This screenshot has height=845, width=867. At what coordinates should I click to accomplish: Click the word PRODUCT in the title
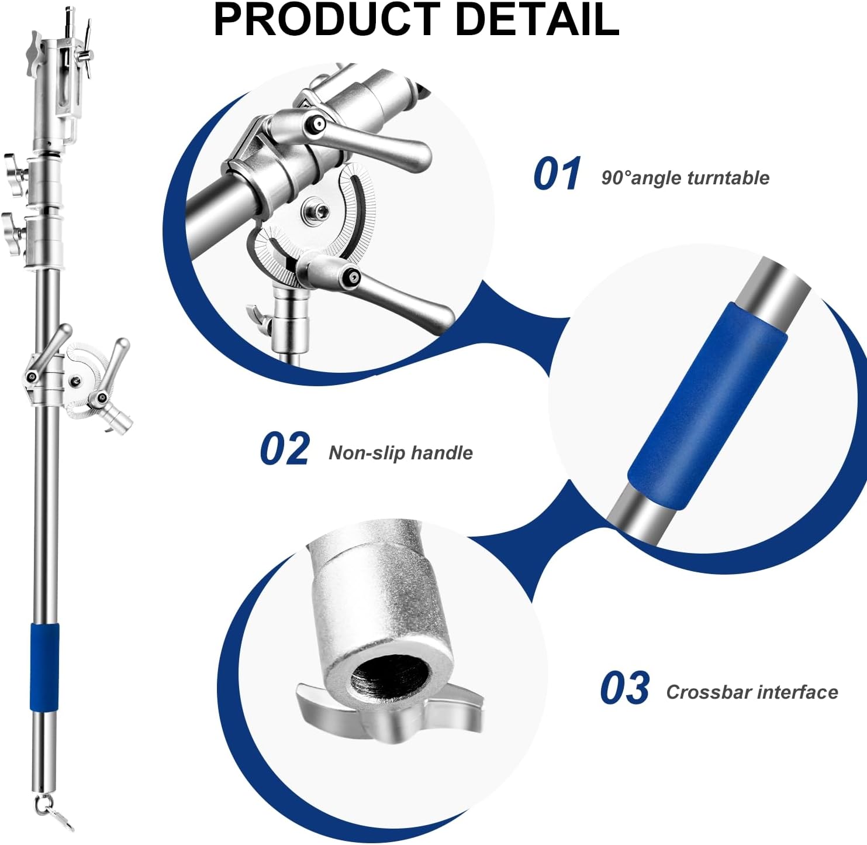pos(327,20)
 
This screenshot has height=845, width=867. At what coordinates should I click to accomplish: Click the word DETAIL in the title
pos(536,20)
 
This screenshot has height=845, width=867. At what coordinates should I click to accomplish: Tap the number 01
pos(557,174)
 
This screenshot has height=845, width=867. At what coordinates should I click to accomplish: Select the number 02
pos(285,449)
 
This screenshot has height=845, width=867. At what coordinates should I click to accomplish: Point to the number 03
pos(624,689)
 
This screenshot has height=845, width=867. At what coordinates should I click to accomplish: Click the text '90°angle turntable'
pos(685,178)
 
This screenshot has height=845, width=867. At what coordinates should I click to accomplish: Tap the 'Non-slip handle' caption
pos(400,453)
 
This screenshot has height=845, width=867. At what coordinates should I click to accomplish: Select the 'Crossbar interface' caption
pos(752,692)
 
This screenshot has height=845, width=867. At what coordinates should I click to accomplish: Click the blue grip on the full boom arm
pos(45,667)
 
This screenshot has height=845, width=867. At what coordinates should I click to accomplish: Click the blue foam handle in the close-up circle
pos(707,407)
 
